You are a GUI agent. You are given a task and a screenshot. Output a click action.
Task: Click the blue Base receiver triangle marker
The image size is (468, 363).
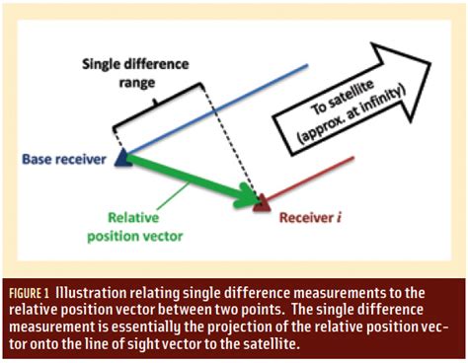pyautogui.click(x=121, y=156)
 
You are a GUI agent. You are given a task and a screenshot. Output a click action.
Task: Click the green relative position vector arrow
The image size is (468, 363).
pyautogui.click(x=188, y=179)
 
